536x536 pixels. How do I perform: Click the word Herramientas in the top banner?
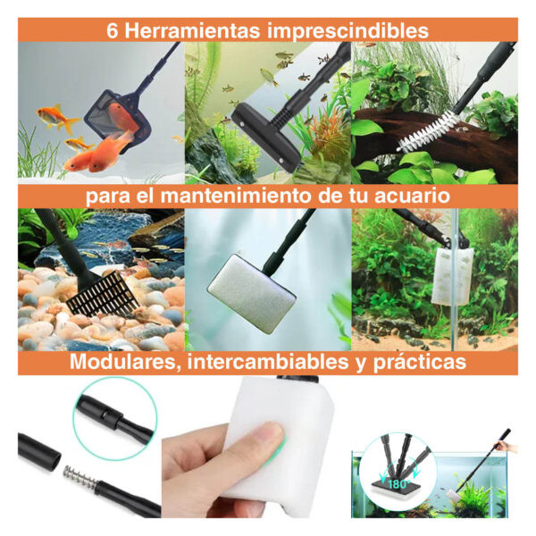tap(192, 30)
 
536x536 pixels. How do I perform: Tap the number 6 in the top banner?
tap(113, 30)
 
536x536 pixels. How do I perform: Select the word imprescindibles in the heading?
tap(348, 30)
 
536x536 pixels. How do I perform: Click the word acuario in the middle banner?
tap(412, 197)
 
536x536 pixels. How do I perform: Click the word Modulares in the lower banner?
tap(125, 362)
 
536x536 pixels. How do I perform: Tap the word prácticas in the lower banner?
tap(420, 363)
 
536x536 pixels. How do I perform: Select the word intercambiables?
tap(268, 362)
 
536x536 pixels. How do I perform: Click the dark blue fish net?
tap(118, 121)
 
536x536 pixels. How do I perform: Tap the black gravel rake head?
tap(103, 293)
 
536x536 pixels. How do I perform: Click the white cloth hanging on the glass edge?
tap(452, 276)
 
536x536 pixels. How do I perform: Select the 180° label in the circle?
tap(398, 484)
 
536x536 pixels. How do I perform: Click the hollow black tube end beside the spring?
tap(38, 451)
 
